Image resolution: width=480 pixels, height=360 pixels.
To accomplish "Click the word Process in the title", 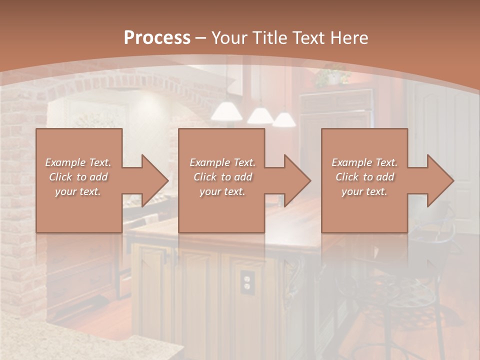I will pyautogui.click(x=157, y=37).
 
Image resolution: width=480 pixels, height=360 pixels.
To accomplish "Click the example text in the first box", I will pyautogui.click(x=78, y=176).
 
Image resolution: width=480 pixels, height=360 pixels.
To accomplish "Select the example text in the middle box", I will pyautogui.click(x=222, y=176).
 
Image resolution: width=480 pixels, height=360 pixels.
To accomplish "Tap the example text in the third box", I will pyautogui.click(x=364, y=176).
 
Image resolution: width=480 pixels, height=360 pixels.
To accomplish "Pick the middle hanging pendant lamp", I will pyautogui.click(x=260, y=115).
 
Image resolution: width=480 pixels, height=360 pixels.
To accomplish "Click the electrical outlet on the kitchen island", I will pyautogui.click(x=246, y=282).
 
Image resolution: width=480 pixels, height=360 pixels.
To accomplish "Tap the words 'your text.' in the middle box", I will pyautogui.click(x=222, y=191).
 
